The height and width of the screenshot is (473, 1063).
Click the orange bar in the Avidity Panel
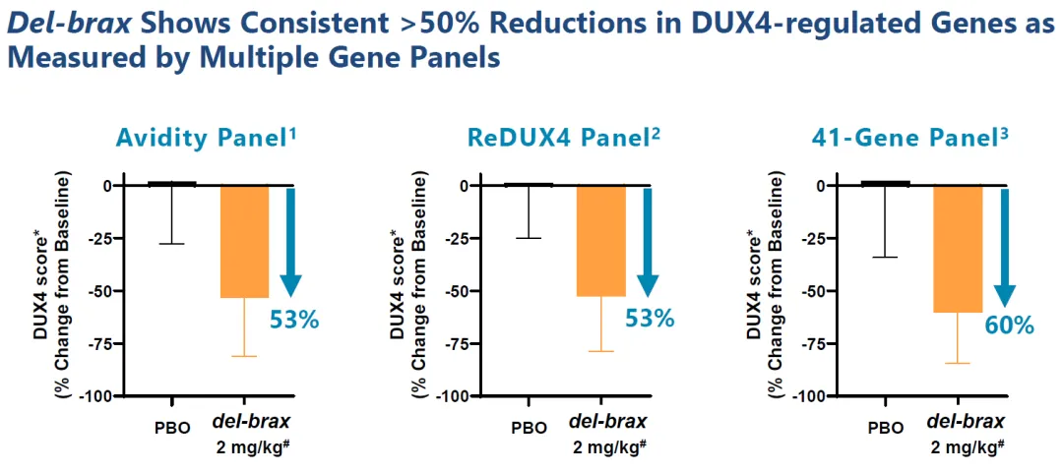(x=244, y=241)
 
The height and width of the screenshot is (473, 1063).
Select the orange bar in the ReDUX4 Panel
(x=600, y=241)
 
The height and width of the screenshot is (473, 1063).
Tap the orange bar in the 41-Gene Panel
(x=958, y=249)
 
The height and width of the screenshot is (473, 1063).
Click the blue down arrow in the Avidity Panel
(x=290, y=241)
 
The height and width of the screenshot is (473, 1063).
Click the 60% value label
(x=1009, y=325)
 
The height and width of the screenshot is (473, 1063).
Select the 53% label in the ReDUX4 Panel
(x=650, y=318)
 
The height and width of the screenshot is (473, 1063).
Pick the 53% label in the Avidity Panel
(x=294, y=319)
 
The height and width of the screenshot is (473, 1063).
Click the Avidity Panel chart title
(x=206, y=139)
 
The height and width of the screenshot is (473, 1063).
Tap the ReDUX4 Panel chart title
(x=563, y=139)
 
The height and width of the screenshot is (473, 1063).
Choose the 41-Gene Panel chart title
(x=920, y=139)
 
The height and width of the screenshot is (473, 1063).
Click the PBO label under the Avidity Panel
(x=172, y=428)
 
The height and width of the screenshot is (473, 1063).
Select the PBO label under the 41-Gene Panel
(x=886, y=428)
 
